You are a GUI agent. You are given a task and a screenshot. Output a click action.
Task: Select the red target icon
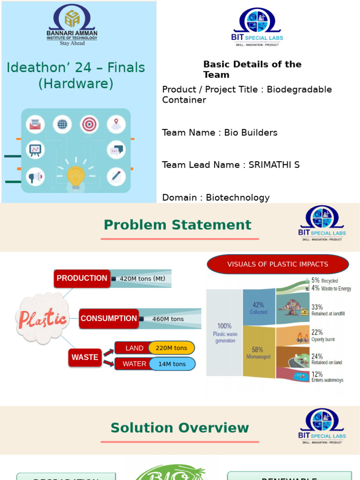pos(89,124)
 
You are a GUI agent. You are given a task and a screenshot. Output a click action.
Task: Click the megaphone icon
pos(35,177)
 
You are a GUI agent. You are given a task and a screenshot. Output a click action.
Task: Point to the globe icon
pos(62,124)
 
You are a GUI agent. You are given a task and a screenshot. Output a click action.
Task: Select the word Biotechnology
pos(238,198)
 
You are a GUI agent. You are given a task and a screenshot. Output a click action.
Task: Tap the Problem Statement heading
pos(178,225)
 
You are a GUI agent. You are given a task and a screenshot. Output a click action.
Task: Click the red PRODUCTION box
pos(82,278)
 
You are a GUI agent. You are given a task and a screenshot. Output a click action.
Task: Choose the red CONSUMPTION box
pos(108,319)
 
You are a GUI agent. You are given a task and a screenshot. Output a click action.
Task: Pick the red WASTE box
pos(85,357)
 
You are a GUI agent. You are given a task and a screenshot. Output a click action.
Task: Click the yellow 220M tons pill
pos(171,348)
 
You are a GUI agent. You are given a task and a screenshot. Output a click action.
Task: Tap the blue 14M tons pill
pos(172,364)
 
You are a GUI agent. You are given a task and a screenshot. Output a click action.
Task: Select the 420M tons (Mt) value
pos(142,278)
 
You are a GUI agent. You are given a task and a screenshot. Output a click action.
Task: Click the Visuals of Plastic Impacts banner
pos(277,264)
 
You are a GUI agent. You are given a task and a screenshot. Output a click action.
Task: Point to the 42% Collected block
pos(258,307)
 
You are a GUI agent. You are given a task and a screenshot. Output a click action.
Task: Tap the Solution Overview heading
pos(180,428)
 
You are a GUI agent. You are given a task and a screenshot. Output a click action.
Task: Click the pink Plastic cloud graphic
pos(43,319)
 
